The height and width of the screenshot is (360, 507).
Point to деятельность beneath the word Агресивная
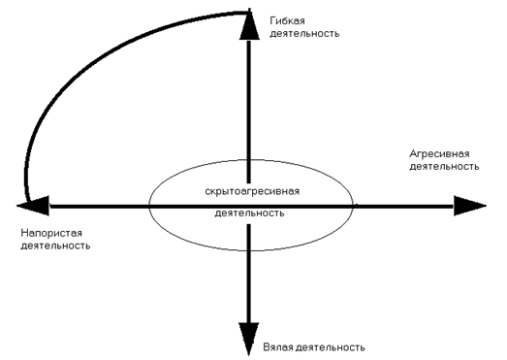445,167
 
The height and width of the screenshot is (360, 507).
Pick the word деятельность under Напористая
55,246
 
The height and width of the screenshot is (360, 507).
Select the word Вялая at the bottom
279,346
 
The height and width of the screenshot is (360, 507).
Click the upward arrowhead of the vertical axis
249,29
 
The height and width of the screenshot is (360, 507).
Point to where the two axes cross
249,205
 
